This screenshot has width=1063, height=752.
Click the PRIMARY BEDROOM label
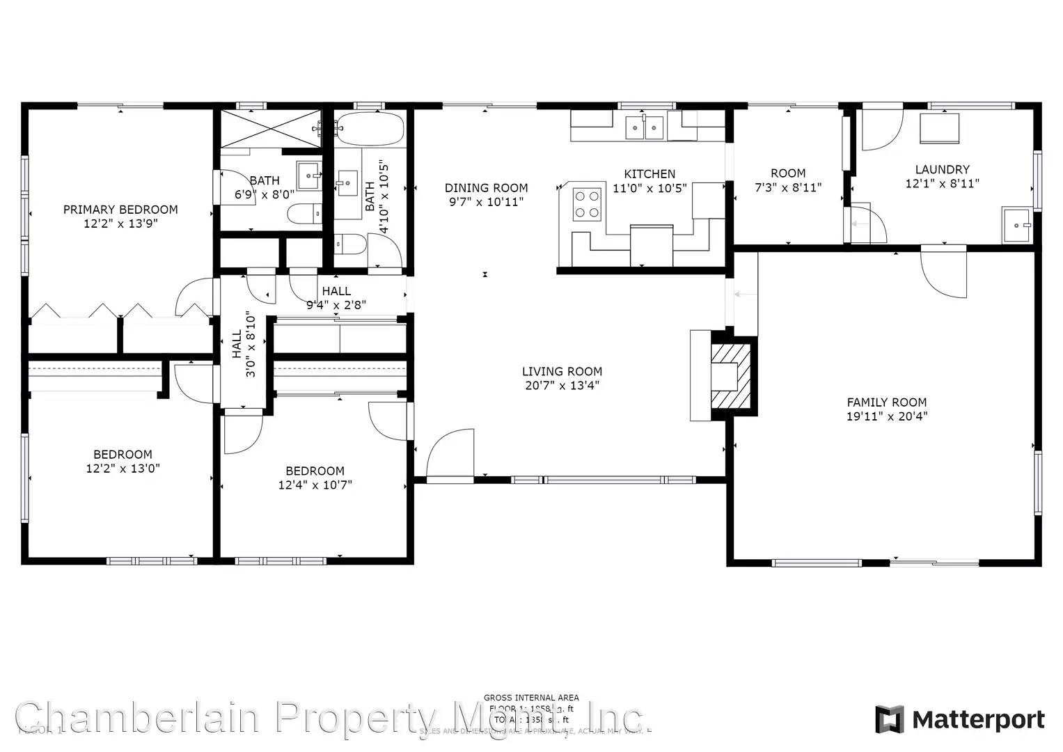120,210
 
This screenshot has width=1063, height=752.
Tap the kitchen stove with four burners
586,204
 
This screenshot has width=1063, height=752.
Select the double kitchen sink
645,127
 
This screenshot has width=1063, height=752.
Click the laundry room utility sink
1017,225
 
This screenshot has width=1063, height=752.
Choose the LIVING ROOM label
562,372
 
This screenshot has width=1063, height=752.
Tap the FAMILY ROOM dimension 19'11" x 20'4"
887,416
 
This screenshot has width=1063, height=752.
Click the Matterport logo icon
889,719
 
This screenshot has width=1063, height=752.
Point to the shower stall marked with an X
271,128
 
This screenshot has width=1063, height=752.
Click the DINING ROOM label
486,188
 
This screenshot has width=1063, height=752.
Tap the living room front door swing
450,454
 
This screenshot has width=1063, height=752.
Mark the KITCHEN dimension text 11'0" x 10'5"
649,188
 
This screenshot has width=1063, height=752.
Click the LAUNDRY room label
942,169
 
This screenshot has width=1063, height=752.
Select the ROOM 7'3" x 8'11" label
788,173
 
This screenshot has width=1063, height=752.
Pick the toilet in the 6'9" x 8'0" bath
304,213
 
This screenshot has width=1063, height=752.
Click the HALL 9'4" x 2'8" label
336,291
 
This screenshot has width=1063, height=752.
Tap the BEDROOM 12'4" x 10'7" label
315,471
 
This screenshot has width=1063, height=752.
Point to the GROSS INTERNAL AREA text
531,697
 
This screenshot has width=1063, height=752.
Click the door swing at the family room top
944,273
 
